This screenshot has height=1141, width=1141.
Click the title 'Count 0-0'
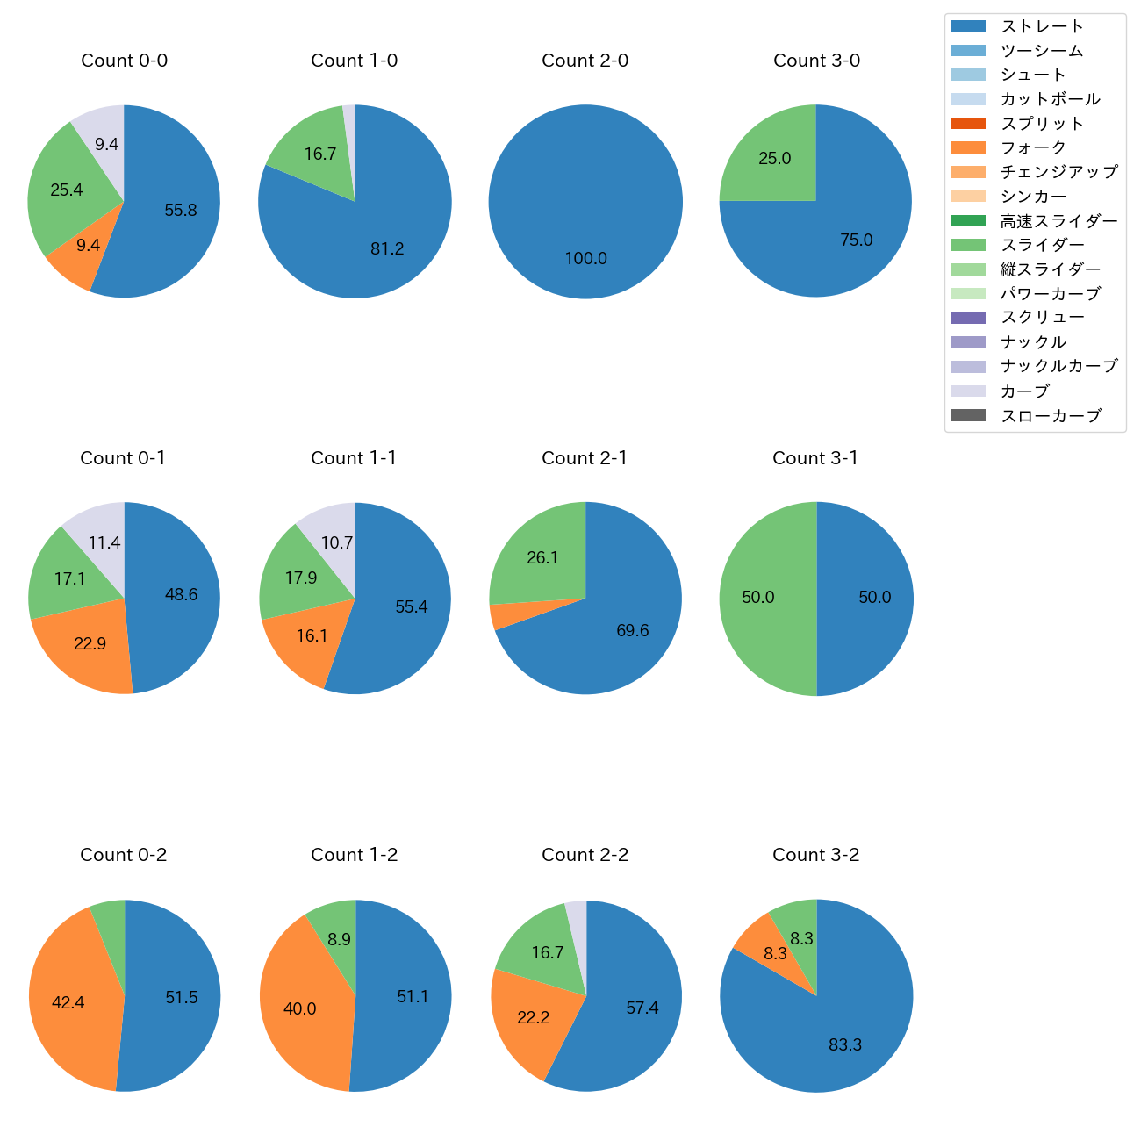point(124,61)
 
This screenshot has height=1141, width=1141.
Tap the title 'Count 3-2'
point(815,855)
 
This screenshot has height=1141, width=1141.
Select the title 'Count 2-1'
point(585,458)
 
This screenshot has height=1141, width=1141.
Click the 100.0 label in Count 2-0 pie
point(585,259)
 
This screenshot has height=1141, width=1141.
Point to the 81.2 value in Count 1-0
point(387,249)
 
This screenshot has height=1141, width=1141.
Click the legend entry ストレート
point(1042,26)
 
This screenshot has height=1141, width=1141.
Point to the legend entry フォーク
point(1033,147)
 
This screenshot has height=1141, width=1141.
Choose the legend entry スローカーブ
point(1051,416)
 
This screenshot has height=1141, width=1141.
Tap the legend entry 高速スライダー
point(1058,221)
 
